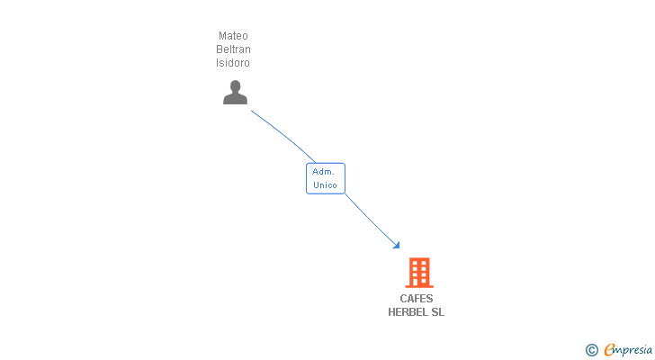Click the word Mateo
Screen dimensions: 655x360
[233, 36]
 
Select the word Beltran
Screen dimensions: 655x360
[233, 49]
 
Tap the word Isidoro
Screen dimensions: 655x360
[233, 63]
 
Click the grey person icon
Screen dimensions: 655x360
[235, 93]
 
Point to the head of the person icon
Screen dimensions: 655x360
[235, 86]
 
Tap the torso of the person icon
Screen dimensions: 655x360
[235, 99]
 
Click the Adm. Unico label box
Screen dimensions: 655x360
[325, 178]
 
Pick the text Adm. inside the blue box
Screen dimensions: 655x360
[323, 171]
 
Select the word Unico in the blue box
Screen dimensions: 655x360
[325, 185]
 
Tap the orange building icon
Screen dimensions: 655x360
[418, 272]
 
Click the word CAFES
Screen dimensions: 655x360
[417, 299]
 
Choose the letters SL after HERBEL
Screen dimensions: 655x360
[437, 312]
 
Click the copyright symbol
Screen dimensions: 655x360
[591, 350]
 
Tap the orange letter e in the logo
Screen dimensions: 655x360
[609, 350]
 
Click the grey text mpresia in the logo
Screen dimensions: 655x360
[633, 349]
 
